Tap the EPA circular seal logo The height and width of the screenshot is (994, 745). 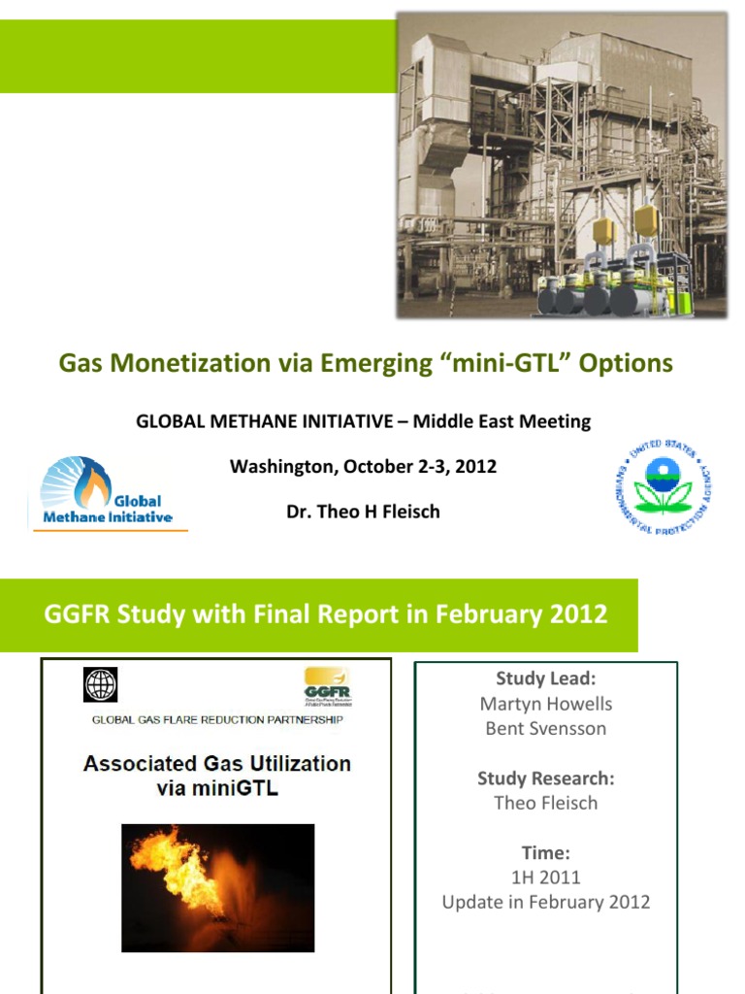(x=664, y=486)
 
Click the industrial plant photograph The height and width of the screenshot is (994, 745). (x=562, y=165)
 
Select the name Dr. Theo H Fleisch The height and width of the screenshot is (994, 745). (x=363, y=512)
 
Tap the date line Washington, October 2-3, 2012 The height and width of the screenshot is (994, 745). (x=363, y=466)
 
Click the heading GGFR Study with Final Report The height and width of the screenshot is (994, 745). (x=326, y=614)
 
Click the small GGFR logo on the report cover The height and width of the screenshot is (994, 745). (x=327, y=685)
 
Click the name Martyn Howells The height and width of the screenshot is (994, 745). (x=546, y=704)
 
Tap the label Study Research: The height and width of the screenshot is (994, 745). (x=546, y=779)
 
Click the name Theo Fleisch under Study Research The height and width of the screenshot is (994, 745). (x=546, y=803)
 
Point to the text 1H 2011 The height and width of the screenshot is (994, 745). (x=546, y=878)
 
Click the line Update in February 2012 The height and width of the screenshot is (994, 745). (x=546, y=902)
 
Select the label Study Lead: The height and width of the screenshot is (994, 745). (x=546, y=679)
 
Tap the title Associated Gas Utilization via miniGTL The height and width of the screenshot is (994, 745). (x=217, y=775)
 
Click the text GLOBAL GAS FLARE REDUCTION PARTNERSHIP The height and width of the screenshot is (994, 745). (x=217, y=720)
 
